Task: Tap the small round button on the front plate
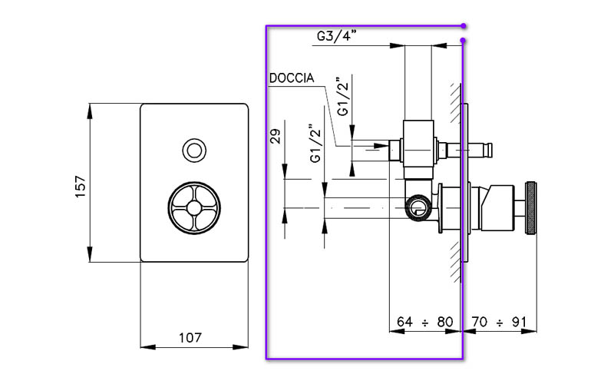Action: (x=194, y=149)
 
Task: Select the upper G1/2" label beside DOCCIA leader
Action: (x=344, y=96)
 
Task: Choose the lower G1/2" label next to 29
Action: (x=314, y=143)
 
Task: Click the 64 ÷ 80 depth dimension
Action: (x=424, y=321)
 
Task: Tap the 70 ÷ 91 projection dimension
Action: (x=500, y=321)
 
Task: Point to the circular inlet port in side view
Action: (x=417, y=207)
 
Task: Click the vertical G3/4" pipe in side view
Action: (x=418, y=81)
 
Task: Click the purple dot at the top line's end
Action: (x=464, y=25)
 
